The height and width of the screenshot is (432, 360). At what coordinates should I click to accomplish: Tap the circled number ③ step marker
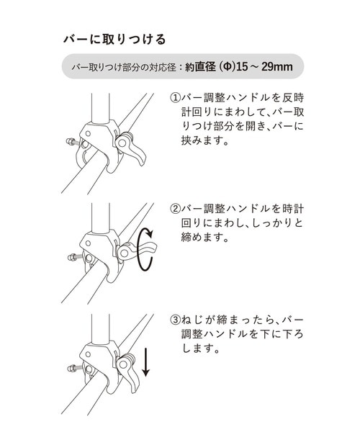tap(175, 319)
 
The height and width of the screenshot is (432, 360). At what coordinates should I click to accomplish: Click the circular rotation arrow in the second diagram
tap(146, 249)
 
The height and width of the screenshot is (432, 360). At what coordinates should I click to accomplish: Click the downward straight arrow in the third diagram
tap(146, 362)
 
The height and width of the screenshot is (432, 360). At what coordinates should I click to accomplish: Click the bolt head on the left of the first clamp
tap(71, 143)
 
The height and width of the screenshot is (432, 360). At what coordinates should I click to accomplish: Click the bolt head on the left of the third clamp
tap(71, 369)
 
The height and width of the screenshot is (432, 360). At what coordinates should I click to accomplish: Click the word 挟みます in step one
tap(199, 142)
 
